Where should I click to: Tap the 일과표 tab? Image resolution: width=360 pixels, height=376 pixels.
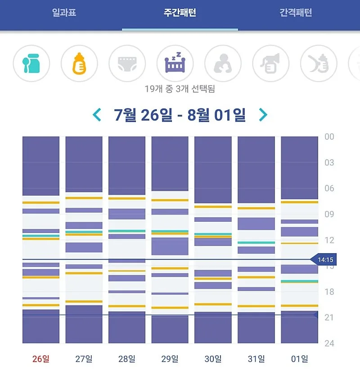coord(64,13)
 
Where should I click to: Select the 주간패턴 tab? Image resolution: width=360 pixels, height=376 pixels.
coord(180,13)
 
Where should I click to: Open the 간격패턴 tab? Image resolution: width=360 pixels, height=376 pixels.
coord(296,13)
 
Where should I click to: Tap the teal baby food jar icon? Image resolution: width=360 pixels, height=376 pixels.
coord(31,63)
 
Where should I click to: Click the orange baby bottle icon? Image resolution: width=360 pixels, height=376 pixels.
coord(79,63)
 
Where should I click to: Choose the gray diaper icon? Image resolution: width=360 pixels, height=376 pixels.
coord(127,63)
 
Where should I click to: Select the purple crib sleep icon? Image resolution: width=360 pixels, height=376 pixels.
coord(175,63)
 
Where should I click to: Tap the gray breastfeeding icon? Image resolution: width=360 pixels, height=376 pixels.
coord(223,63)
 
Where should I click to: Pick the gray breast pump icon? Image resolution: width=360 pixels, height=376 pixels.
coord(271,63)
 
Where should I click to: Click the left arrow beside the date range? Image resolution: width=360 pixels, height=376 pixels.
coord(96,115)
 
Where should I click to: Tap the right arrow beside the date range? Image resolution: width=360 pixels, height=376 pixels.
coord(263,115)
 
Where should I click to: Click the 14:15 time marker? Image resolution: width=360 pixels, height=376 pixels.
coord(324,260)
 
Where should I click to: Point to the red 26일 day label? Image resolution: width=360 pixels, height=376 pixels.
coord(41,359)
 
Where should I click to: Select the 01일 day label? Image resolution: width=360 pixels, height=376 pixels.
coord(300,359)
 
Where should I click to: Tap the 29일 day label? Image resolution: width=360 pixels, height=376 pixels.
coord(170,359)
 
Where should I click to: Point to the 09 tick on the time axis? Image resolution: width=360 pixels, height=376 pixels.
coord(329,214)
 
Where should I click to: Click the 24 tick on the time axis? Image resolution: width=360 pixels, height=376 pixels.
coord(329,343)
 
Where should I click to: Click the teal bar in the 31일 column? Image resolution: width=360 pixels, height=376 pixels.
coord(256,243)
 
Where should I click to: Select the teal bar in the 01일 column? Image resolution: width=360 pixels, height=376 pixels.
coord(300,281)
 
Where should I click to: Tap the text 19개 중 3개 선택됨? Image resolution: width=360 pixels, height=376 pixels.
coord(180,89)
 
